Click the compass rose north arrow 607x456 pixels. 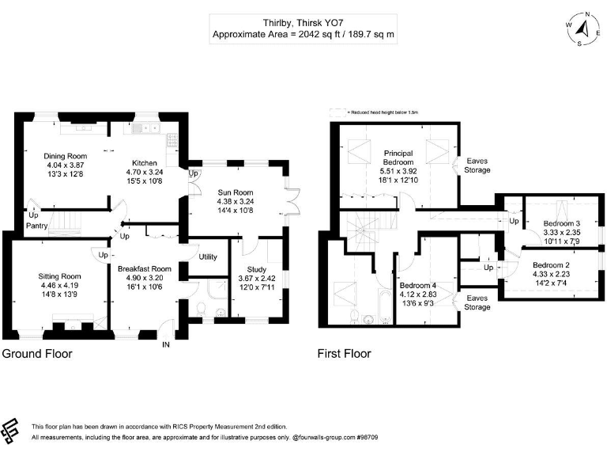tap(582, 30)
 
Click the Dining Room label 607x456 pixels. tap(65, 156)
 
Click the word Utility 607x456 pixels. tap(208, 257)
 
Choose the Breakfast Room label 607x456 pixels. tap(145, 269)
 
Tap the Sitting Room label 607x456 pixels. tap(60, 276)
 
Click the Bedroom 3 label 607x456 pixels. tap(562, 223)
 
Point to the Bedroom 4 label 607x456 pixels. tap(417, 285)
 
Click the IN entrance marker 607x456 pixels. tap(166, 345)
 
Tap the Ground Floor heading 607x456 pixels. tap(37, 354)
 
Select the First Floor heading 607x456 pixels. tap(344, 354)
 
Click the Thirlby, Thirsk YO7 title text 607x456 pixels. tap(303, 24)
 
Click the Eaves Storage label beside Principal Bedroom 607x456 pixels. tap(477, 165)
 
